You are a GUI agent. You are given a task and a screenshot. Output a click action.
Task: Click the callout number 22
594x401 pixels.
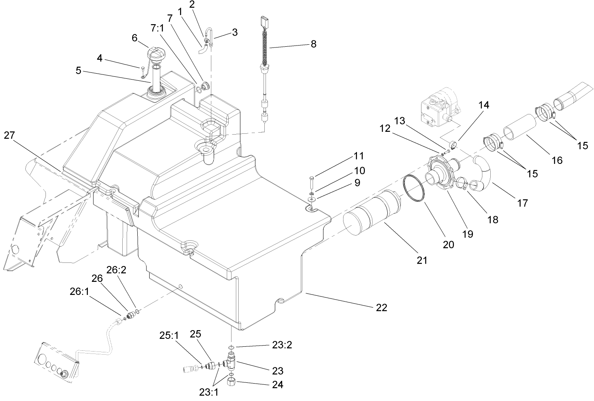(381, 307)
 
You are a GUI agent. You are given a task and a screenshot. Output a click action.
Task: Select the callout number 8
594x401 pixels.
(313, 44)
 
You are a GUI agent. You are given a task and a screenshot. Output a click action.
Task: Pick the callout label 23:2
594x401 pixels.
(282, 345)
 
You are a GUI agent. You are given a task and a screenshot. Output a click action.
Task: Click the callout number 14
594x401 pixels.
(483, 105)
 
